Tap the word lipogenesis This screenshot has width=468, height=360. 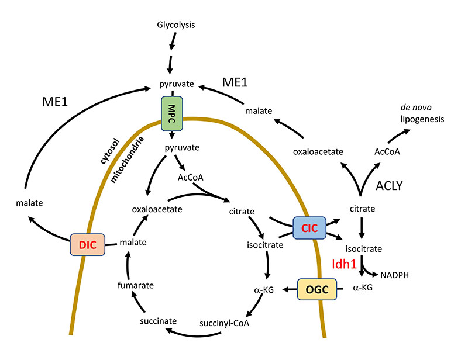(423, 119)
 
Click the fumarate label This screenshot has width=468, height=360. (139, 285)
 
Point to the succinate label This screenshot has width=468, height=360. (158, 321)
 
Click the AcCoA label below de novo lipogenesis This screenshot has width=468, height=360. (387, 151)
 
